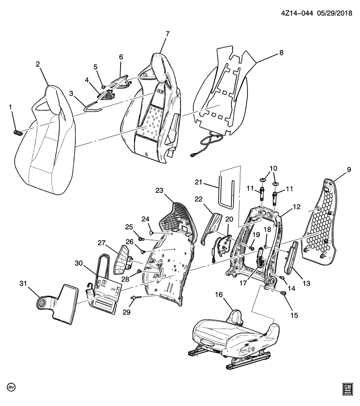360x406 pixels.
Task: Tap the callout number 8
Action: pyautogui.click(x=281, y=53)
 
